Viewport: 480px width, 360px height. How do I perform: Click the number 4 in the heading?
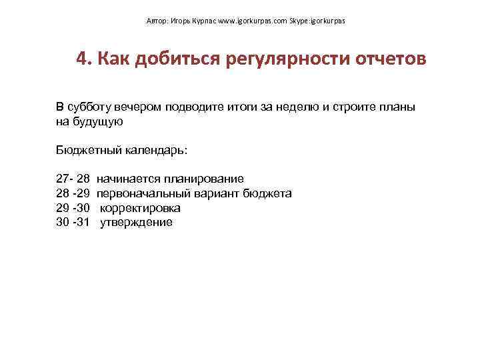(82, 59)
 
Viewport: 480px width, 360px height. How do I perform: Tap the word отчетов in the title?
(389, 59)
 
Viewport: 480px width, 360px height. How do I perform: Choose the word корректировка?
(140, 208)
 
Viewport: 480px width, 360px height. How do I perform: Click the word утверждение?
(136, 223)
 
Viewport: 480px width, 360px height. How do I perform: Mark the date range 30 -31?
(73, 223)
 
